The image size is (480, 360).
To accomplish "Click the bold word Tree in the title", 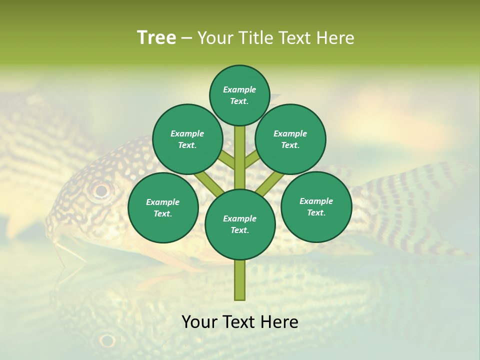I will pyautogui.click(x=156, y=38).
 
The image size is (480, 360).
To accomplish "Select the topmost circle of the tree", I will pyautogui.click(x=239, y=95).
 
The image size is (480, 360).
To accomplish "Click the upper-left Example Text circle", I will pyautogui.click(x=187, y=139).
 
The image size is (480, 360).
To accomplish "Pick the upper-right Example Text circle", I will pyautogui.click(x=290, y=139).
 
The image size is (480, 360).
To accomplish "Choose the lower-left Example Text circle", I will pyautogui.click(x=162, y=207).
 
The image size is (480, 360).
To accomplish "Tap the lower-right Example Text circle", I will pyautogui.click(x=316, y=206).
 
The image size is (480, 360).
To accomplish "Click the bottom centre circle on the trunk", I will pyautogui.click(x=240, y=224).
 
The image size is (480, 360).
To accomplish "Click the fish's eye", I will pyautogui.click(x=101, y=190).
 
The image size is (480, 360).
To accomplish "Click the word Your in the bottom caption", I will pyautogui.click(x=200, y=322).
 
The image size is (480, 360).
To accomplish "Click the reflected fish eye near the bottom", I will pyautogui.click(x=107, y=340).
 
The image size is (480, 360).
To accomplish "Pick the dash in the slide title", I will pyautogui.click(x=186, y=38).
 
